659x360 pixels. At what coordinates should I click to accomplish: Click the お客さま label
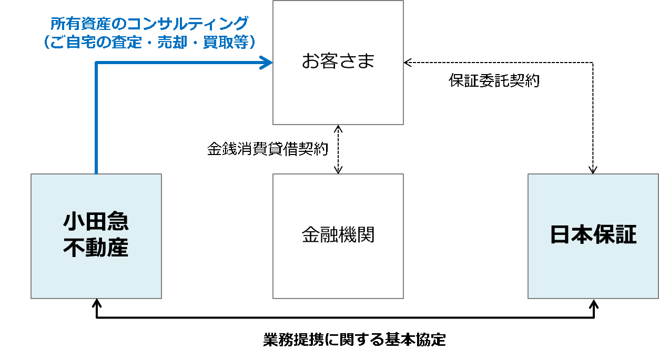(x=338, y=61)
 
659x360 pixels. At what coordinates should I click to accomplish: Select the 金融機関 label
(x=338, y=234)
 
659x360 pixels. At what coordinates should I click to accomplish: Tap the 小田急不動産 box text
(x=96, y=234)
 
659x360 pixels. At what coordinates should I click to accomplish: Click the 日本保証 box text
(x=593, y=234)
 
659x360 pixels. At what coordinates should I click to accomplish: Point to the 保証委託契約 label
(x=494, y=80)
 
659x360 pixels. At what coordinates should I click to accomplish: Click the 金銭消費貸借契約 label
(x=267, y=148)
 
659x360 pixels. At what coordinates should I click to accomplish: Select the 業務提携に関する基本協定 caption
(x=354, y=340)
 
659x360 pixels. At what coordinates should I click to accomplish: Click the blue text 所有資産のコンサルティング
(x=149, y=24)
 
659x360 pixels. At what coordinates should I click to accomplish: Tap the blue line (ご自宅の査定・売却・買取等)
(x=149, y=42)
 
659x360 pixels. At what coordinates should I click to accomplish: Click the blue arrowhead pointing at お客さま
(x=266, y=63)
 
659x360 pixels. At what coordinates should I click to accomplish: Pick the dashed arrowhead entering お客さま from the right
(x=408, y=63)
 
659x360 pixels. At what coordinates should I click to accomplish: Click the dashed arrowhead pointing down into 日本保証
(x=593, y=170)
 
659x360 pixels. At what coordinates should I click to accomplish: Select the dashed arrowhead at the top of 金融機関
(x=338, y=170)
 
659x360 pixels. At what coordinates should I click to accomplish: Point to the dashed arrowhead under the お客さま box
(x=338, y=129)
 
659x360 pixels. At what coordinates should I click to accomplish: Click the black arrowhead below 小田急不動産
(x=96, y=303)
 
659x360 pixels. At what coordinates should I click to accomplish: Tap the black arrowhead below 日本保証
(x=594, y=304)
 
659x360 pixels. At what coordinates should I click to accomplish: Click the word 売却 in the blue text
(x=172, y=42)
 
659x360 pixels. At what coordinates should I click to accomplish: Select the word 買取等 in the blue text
(x=226, y=42)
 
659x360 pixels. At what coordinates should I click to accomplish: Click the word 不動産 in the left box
(x=96, y=248)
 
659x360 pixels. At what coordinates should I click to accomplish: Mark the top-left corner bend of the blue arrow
(x=96, y=63)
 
